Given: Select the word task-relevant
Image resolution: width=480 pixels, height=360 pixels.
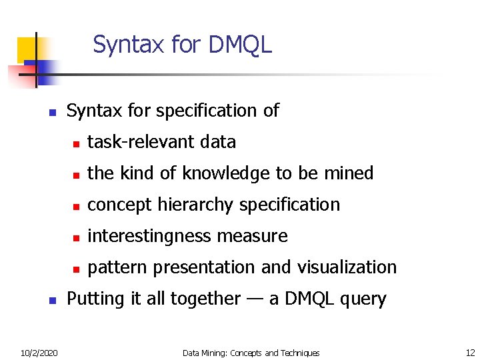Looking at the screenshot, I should [x=143, y=142].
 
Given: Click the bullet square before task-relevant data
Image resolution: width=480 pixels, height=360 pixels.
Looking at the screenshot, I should [x=76, y=143].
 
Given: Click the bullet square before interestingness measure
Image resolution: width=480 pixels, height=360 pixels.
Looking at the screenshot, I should [x=76, y=237].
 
